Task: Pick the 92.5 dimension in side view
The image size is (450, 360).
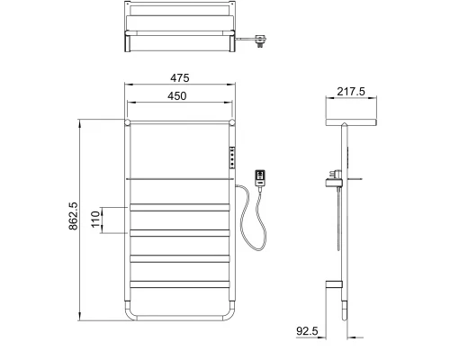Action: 309,331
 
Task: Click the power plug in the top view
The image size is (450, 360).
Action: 262,38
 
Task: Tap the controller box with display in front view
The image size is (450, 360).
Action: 261,177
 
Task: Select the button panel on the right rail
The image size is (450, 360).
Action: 232,157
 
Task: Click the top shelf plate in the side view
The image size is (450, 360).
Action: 348,119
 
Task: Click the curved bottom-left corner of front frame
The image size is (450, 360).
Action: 130,315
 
